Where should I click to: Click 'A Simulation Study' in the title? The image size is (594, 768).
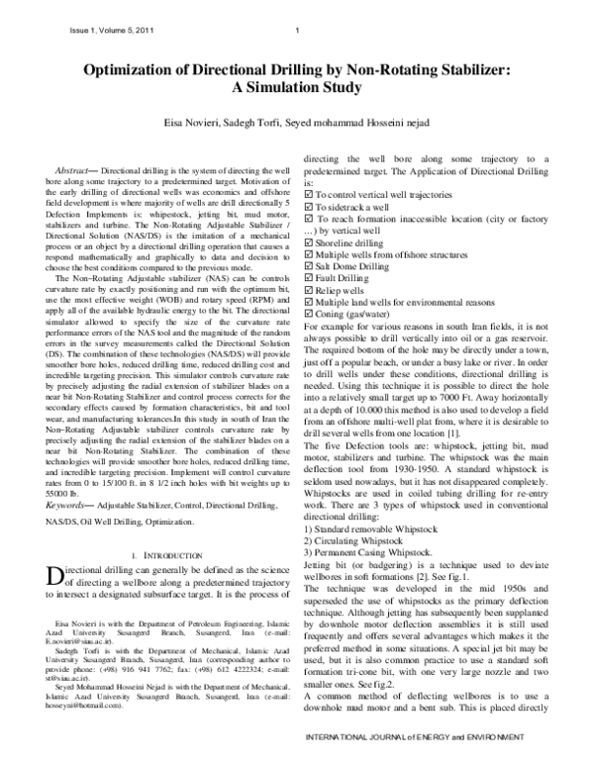click(297, 88)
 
